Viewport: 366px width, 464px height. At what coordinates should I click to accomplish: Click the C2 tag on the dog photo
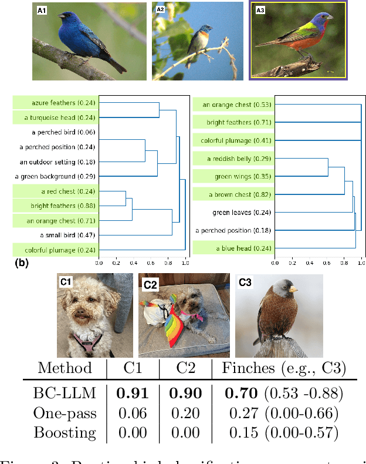[150, 284]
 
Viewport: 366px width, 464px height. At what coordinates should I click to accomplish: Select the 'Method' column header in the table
[65, 368]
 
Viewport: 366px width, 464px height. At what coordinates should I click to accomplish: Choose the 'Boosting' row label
[65, 433]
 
